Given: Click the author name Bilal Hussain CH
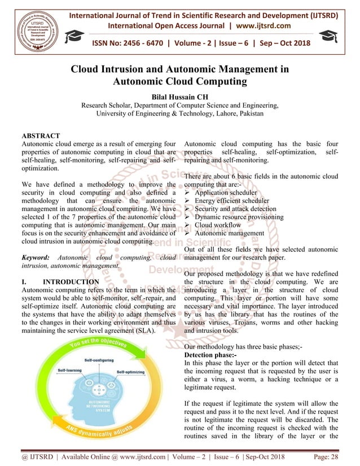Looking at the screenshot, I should click(179, 97).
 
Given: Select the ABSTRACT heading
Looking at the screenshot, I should click(40, 137).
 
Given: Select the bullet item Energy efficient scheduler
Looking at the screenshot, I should click(231, 200).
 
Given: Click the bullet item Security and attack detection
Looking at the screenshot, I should click(235, 209).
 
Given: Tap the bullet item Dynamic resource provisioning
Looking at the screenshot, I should click(239, 217).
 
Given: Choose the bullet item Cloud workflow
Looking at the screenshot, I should click(220, 225).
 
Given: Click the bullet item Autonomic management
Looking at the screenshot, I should click(229, 233).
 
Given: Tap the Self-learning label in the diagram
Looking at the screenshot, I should click(72, 371).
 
